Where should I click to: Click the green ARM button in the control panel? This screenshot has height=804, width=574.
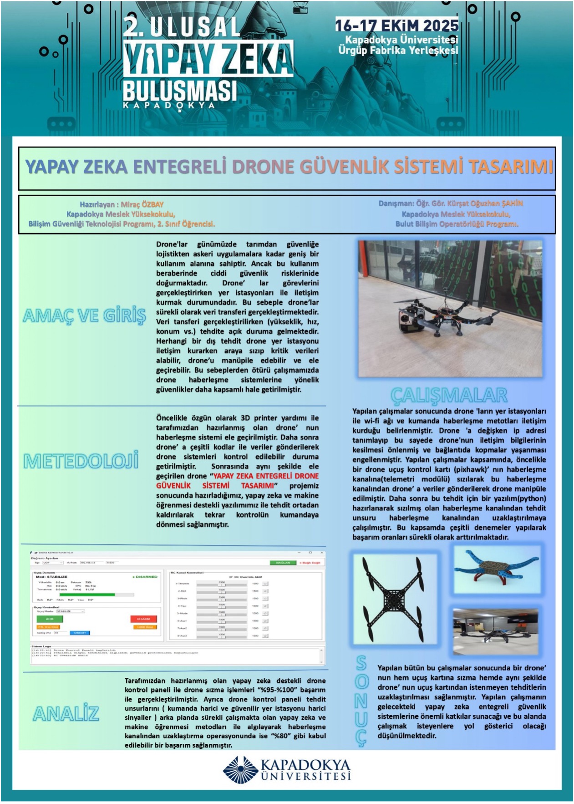[49, 619]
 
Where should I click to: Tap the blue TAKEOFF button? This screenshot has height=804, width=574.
[80, 633]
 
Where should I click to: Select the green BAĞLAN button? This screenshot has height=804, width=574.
[283, 563]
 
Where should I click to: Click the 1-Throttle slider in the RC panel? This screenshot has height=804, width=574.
[222, 584]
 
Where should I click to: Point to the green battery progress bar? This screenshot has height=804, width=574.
[87, 594]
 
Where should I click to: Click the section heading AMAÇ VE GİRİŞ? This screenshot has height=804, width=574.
[84, 315]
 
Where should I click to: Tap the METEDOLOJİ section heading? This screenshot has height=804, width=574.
[81, 461]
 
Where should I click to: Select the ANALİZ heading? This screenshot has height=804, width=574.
[66, 713]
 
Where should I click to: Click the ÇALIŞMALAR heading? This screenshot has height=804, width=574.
[449, 395]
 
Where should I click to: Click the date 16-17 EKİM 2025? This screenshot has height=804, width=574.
[396, 25]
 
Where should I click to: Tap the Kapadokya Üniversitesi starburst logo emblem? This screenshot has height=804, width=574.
[240, 770]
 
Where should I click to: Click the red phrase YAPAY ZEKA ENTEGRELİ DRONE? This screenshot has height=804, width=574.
[266, 476]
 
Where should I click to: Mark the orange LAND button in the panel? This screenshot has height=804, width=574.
[146, 627]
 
